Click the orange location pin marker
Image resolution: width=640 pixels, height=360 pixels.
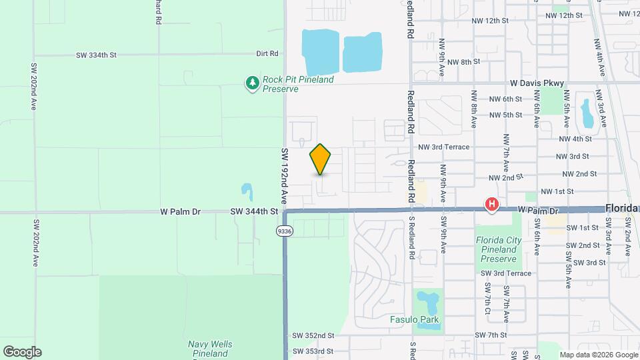(x=321, y=159)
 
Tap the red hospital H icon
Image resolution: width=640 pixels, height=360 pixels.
(x=492, y=204)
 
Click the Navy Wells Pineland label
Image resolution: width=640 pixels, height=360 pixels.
(x=210, y=349)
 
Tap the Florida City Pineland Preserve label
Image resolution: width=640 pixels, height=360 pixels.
(x=497, y=249)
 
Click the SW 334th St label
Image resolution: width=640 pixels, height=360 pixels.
(x=96, y=55)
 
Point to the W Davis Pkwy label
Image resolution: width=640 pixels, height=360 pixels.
(x=537, y=83)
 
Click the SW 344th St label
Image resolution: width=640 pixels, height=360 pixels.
(x=253, y=211)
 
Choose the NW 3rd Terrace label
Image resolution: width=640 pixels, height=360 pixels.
(x=444, y=147)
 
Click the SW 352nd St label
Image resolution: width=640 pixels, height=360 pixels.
(x=313, y=335)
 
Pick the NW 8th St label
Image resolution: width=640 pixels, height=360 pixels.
(x=463, y=61)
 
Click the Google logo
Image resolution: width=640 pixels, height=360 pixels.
(x=22, y=352)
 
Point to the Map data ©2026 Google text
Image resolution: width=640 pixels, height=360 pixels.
(x=598, y=355)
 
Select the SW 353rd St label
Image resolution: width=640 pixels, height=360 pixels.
(x=313, y=351)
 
